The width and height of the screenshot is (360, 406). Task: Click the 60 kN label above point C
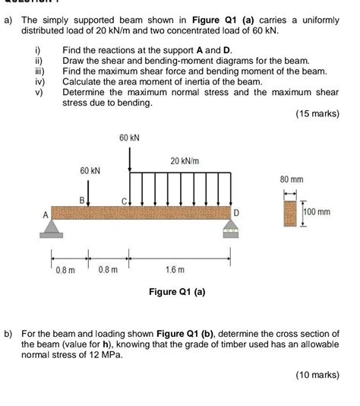point(129,138)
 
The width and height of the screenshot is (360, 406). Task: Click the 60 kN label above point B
point(90,171)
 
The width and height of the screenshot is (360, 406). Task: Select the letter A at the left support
point(45,215)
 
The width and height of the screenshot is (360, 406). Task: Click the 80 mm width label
point(292,179)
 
